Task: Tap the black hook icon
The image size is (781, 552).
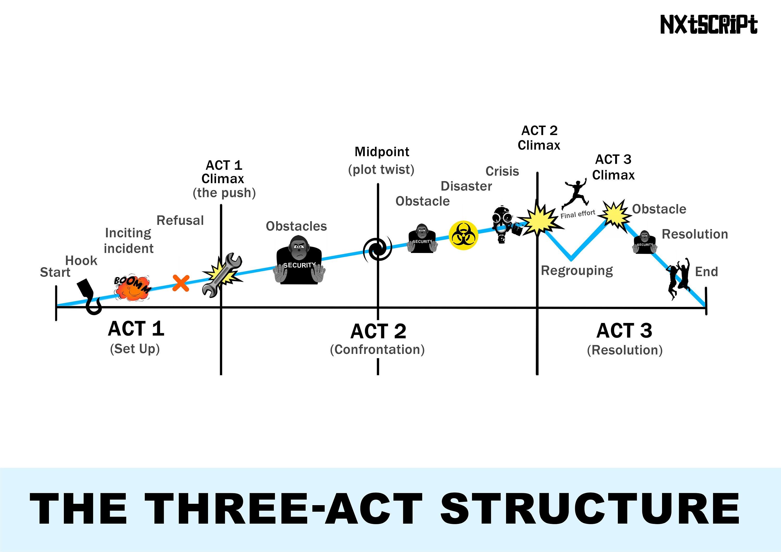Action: click(x=89, y=296)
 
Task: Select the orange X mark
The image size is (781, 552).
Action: click(x=181, y=283)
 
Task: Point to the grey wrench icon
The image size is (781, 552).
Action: click(x=222, y=275)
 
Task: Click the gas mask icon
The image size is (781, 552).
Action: click(x=503, y=224)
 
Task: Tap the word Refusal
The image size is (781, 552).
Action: click(x=180, y=220)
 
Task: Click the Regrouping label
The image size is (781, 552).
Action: click(x=577, y=271)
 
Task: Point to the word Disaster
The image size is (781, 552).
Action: click(x=466, y=186)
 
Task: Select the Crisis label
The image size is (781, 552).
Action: click(x=502, y=171)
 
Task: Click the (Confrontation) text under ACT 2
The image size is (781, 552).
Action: click(x=377, y=350)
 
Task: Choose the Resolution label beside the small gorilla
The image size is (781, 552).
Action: click(x=695, y=234)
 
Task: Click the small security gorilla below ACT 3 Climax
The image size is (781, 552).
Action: click(x=644, y=243)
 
